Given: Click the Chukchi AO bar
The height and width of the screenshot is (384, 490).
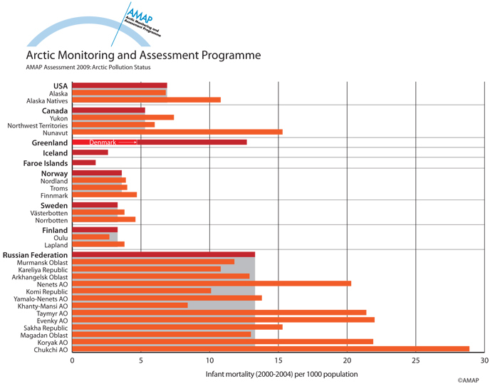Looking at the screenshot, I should point(271,349).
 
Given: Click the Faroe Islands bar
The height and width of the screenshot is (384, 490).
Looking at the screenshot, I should point(83,162).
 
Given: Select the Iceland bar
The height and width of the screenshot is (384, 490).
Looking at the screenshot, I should point(90,152).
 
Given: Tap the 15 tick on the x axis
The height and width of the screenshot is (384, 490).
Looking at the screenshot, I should point(278,360).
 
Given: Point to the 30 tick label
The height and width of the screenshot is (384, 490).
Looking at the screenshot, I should point(484,360).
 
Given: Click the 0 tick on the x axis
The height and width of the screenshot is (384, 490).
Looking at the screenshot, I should point(72,360).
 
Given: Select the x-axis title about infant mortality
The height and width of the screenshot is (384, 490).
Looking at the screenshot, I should point(281,374).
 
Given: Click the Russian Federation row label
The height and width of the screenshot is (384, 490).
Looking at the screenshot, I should point(35,255).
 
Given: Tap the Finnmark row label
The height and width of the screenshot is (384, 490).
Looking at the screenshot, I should point(54,194).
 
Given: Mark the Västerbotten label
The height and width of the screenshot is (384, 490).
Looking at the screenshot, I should point(49,212).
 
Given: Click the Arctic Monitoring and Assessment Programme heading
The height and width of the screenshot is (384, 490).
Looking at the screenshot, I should point(143,55).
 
